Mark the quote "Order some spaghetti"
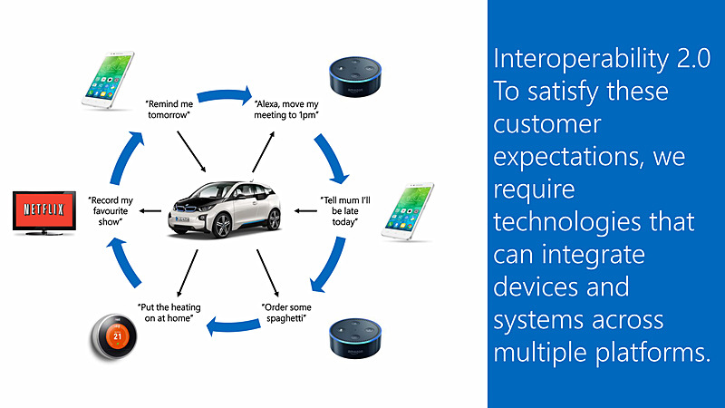tap(288, 313)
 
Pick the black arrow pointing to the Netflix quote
tap(153, 212)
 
